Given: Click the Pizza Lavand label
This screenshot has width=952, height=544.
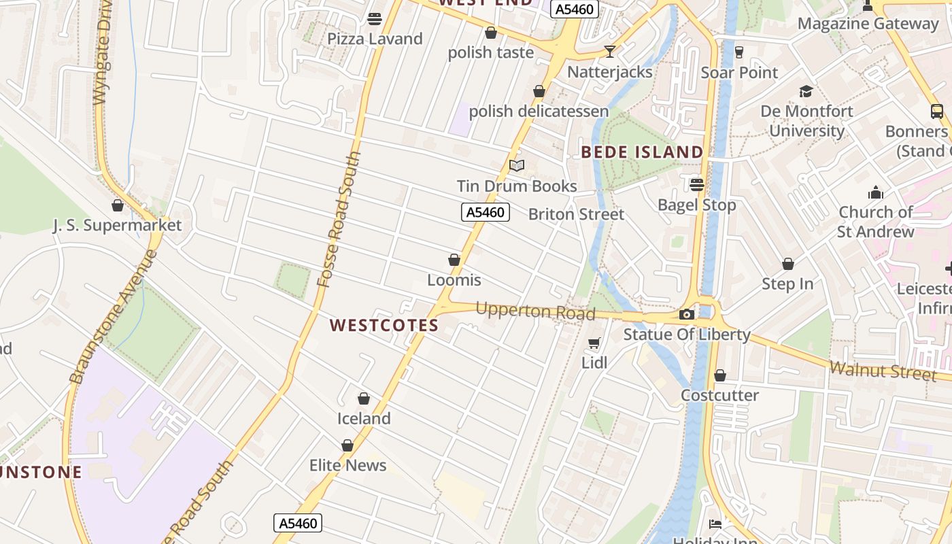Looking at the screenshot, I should coord(375,39).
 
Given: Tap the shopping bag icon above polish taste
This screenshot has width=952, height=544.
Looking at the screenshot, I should coord(491,33).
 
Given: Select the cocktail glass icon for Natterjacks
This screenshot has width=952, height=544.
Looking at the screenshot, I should coord(610,52).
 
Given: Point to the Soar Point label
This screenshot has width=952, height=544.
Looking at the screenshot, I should coord(739,72).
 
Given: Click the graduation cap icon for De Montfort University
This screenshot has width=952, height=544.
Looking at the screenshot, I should coord(806,91).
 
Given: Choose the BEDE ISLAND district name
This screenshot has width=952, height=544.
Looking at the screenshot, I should coord(642,152).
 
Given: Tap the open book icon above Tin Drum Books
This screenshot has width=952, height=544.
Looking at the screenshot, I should coord(517,166).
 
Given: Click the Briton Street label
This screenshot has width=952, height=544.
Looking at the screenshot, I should coord(576,214).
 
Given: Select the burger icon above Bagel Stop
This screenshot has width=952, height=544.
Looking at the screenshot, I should coord(697,185).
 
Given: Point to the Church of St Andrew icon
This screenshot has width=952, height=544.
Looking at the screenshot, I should coord(876,192).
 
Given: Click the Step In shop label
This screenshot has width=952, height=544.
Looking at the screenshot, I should coord(787,284).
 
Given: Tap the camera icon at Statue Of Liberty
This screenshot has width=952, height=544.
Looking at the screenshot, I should coord(687,314).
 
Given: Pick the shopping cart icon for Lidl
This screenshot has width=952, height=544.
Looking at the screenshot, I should coord(594,343).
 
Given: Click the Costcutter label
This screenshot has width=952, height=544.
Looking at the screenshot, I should coord(720,395).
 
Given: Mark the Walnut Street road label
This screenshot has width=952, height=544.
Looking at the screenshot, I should coord(883,371).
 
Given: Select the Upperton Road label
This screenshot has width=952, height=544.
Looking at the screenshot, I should coord(535,311).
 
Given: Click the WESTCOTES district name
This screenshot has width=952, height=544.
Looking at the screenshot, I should coord(384,326).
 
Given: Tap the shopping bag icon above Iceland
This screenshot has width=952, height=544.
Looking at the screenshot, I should coord(364,398).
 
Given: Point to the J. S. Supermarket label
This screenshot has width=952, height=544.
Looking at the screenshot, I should coord(118,225).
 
